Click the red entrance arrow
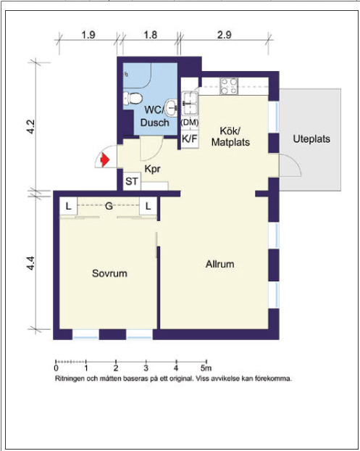pyautogui.click(x=105, y=160)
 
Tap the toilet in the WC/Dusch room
pyautogui.click(x=133, y=98)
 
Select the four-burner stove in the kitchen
pyautogui.click(x=229, y=86)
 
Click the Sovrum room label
pyautogui.click(x=109, y=273)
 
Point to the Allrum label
pyautogui.click(x=219, y=264)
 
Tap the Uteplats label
pyautogui.click(x=311, y=139)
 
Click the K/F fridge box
pyautogui.click(x=190, y=139)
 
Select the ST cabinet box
pyautogui.click(x=132, y=181)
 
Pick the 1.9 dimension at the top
pyautogui.click(x=88, y=35)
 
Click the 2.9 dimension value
pyautogui.click(x=224, y=35)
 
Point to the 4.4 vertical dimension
pyautogui.click(x=31, y=263)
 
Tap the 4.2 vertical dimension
pyautogui.click(x=31, y=127)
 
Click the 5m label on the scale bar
pyautogui.click(x=206, y=368)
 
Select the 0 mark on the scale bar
pyautogui.click(x=56, y=368)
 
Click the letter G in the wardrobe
pyautogui.click(x=109, y=206)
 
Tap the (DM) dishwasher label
pyautogui.click(x=190, y=123)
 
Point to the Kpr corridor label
pyautogui.click(x=152, y=169)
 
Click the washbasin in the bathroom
pyautogui.click(x=172, y=108)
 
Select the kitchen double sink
pyautogui.click(x=190, y=103)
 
